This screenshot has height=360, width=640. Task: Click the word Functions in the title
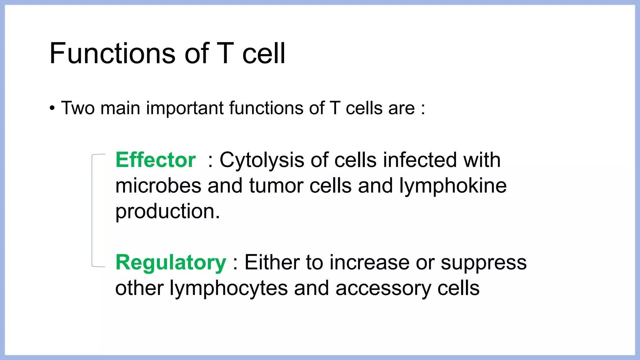click(113, 53)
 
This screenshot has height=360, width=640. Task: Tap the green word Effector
click(156, 160)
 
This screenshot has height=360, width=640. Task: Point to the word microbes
click(158, 186)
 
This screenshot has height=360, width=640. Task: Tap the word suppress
click(483, 263)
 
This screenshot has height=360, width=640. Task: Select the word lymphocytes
click(228, 288)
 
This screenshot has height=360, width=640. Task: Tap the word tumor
click(276, 186)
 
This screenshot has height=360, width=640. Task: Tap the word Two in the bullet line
click(78, 108)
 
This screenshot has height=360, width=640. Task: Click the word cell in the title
click(264, 53)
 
